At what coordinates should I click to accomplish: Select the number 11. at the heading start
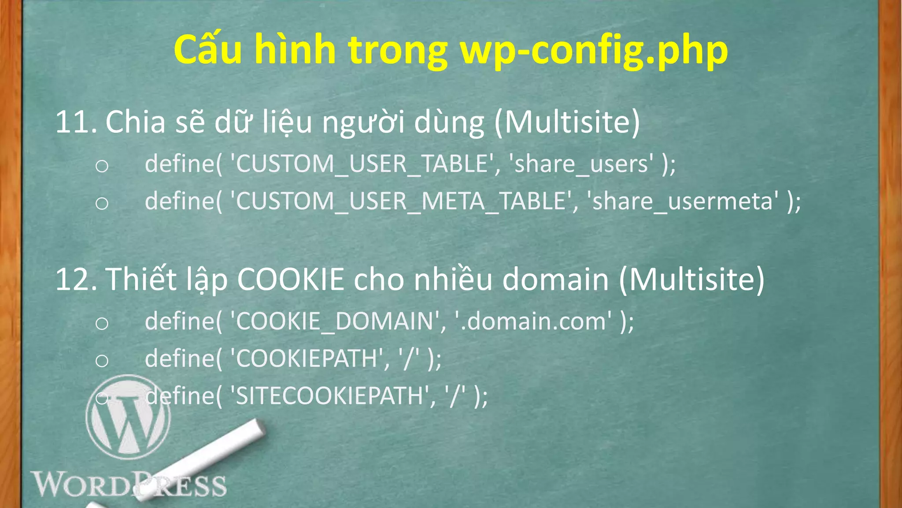[76, 122]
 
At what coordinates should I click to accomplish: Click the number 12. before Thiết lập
[76, 280]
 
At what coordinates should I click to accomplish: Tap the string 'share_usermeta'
[683, 202]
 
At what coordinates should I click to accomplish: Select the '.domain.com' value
[535, 321]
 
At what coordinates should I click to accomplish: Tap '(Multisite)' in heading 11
[567, 122]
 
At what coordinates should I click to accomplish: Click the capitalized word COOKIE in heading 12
[291, 280]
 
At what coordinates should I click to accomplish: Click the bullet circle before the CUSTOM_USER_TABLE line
[102, 166]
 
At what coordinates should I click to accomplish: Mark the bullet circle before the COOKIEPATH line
[102, 361]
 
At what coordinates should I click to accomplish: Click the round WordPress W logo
[128, 417]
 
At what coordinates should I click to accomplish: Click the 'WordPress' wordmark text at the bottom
[128, 485]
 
